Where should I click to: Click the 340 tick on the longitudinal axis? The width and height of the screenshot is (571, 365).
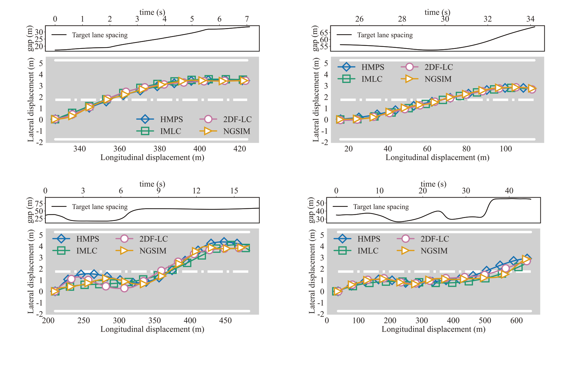(x=79, y=149)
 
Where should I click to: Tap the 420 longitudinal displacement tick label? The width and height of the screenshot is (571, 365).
(x=240, y=149)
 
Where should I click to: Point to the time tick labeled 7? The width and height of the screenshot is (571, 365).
(x=247, y=19)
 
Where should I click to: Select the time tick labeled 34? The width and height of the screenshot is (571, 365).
(x=530, y=19)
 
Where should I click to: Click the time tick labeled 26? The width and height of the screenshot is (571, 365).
(x=359, y=19)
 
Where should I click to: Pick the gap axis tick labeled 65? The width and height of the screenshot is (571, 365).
(x=324, y=32)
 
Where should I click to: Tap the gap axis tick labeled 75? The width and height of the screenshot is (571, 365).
(x=39, y=204)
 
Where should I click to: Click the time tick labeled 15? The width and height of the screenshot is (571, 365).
(x=234, y=191)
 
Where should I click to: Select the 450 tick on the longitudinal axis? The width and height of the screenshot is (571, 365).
(x=225, y=321)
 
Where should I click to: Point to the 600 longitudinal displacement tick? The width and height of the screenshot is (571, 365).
(x=517, y=321)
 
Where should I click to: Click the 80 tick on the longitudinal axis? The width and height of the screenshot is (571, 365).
(x=466, y=149)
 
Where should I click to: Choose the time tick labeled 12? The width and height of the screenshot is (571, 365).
(x=196, y=191)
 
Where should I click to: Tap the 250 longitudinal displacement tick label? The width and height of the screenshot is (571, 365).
(x=84, y=321)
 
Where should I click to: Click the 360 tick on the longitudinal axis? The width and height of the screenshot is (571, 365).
(x=120, y=149)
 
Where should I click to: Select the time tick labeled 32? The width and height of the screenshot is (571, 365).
(x=488, y=19)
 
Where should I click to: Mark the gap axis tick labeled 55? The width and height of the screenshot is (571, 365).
(x=324, y=47)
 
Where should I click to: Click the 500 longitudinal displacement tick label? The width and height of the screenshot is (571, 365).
(x=485, y=321)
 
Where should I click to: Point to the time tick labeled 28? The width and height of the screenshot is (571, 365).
(x=402, y=19)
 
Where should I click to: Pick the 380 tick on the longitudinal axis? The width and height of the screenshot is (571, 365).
(x=160, y=149)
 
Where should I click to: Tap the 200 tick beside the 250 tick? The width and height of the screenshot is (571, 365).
(x=48, y=321)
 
